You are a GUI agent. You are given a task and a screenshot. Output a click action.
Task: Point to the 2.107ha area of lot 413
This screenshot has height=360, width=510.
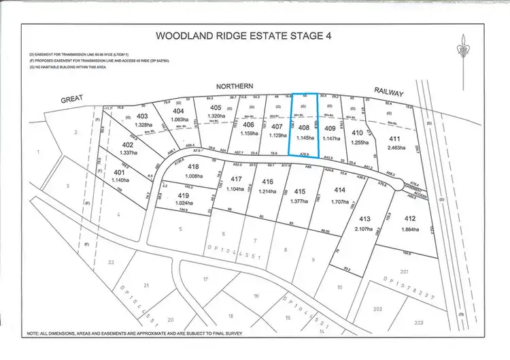click(364, 229)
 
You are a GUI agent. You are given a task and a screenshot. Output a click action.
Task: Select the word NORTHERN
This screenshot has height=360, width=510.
click(235, 86)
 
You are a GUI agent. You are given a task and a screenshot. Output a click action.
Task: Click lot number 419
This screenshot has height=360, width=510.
click(184, 195)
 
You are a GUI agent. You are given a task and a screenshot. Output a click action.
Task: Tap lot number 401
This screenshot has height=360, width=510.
click(120, 172)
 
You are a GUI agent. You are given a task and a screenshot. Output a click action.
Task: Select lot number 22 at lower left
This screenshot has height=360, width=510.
click(111, 262)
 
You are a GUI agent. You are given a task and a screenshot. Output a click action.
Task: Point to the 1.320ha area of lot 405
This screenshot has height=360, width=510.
click(215, 116)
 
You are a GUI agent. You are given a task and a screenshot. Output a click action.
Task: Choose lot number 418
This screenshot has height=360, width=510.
click(193, 167)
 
